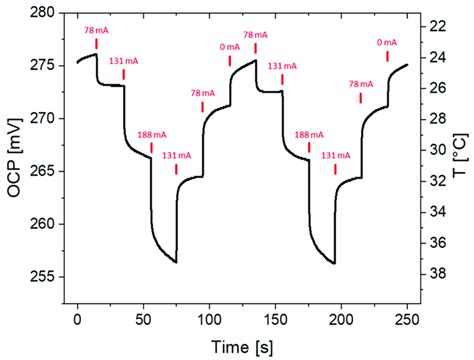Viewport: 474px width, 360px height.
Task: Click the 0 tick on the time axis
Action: point(77,318)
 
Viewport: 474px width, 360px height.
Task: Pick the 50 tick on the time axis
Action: point(143,318)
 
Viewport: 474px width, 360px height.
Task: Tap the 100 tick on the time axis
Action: point(209,318)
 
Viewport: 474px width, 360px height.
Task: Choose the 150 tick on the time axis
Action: point(275,318)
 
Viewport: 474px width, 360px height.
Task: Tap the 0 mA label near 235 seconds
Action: point(385,42)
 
